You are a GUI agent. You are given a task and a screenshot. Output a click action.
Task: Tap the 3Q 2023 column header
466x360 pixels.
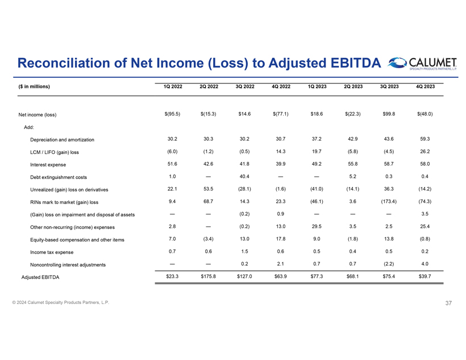[389, 86]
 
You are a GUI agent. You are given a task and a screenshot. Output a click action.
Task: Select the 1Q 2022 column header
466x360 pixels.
[172, 86]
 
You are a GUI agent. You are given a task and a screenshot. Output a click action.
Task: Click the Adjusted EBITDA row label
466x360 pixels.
[40, 277]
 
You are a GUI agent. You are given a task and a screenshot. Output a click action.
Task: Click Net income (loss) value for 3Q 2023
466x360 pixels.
[389, 114]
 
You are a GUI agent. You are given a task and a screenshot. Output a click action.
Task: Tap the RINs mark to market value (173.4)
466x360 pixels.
[389, 201]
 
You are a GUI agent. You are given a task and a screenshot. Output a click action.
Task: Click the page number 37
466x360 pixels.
[448, 303]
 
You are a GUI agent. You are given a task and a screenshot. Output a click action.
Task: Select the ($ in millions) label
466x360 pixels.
[34, 87]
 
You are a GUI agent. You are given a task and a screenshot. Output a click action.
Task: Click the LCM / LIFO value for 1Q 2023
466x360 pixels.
[317, 151]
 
